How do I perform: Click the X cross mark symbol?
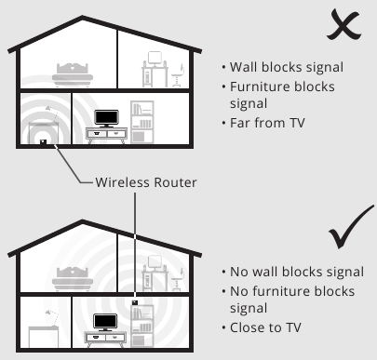click(343, 25)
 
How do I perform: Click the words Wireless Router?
click(146, 182)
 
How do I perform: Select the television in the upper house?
click(106, 118)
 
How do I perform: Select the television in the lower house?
click(105, 323)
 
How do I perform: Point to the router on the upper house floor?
click(43, 142)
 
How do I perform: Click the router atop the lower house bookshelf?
click(135, 302)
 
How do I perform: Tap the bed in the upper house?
click(73, 74)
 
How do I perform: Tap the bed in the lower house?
click(73, 279)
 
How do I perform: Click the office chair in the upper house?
click(177, 75)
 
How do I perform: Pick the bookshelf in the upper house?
click(142, 122)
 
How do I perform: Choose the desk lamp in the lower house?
click(52, 317)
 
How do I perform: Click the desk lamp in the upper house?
click(52, 113)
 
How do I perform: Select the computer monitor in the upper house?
click(155, 59)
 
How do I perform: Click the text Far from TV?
click(267, 123)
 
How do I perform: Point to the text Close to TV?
click(265, 327)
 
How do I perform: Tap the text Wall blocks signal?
click(287, 67)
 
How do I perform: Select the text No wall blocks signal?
click(297, 272)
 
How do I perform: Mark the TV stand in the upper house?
click(106, 136)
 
